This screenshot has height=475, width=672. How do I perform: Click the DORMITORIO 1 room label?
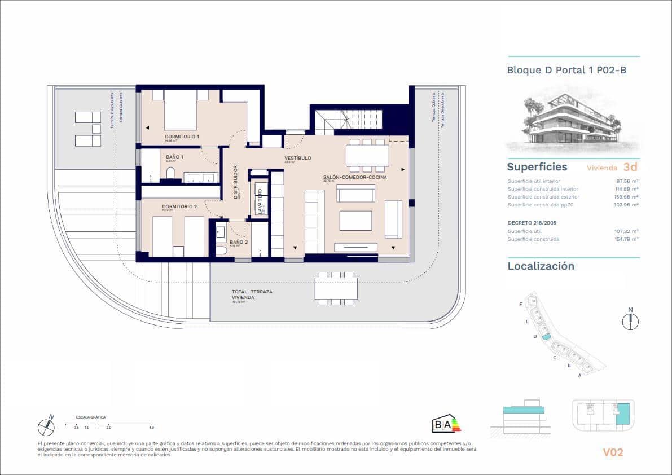coord(182,137)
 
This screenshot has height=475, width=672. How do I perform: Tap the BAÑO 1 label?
coord(175,157)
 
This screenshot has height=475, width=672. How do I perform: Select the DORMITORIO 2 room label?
coord(179,206)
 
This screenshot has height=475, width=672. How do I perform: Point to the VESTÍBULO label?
coord(298,158)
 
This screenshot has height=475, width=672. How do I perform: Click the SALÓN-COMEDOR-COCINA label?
coord(355,178)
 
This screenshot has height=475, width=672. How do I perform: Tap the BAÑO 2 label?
coord(239,241)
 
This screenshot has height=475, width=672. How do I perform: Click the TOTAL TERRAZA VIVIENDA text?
coord(252,294)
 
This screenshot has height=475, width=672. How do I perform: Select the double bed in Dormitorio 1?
coord(180,109)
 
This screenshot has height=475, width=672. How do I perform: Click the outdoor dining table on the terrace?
coord(336,289)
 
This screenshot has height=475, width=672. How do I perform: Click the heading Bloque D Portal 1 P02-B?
coord(566,71)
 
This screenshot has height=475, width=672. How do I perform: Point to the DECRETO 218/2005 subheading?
coord(532,222)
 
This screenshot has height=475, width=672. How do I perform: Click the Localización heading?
coord(541,266)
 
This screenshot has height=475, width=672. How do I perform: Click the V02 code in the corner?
coord(613,452)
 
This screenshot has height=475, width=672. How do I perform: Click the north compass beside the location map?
coord(630,320)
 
